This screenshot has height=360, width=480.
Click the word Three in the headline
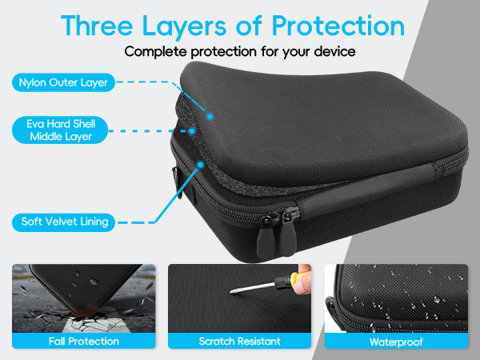(x=97, y=26)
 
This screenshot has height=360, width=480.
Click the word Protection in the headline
(x=338, y=26)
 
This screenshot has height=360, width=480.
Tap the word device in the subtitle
(x=335, y=51)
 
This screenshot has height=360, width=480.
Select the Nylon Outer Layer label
(x=63, y=82)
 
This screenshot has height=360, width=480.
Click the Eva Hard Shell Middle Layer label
(x=60, y=130)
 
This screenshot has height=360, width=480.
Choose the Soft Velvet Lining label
(x=64, y=222)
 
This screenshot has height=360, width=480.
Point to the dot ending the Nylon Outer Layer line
(x=210, y=116)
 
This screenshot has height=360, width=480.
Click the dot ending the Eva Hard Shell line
(x=192, y=131)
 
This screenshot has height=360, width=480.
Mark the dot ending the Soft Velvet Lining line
(x=201, y=165)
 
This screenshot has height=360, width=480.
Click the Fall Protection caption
(x=84, y=341)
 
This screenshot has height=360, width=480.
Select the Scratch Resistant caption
(x=240, y=341)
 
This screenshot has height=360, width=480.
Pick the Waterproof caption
(x=397, y=342)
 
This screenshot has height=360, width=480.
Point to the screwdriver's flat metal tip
(x=234, y=291)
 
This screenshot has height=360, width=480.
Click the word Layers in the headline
(x=184, y=27)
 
